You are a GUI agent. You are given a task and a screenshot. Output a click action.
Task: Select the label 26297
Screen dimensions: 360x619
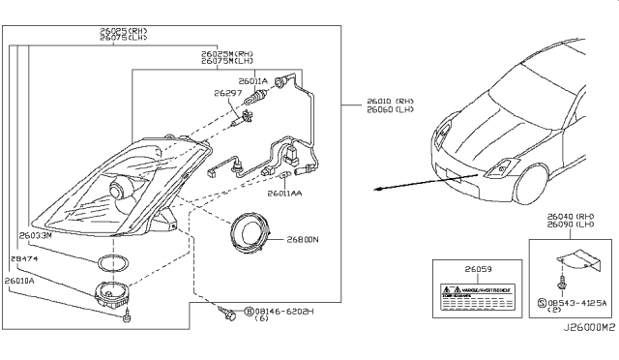click(x=227, y=94)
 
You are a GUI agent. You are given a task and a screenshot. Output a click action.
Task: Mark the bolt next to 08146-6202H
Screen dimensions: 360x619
click(x=228, y=313)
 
